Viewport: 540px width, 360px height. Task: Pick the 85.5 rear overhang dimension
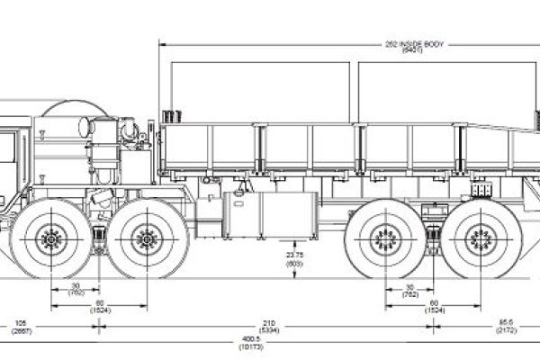click(505, 321)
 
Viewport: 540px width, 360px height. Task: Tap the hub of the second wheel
click(143, 238)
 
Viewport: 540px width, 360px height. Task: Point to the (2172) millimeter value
click(505, 329)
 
